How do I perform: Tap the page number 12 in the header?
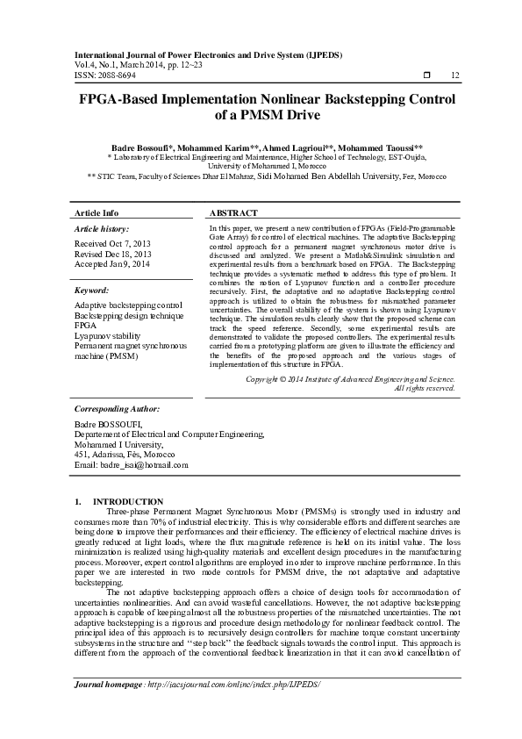click(454, 75)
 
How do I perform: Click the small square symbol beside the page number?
click(426, 75)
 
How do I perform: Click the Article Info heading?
click(97, 213)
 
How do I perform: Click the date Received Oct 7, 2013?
click(112, 243)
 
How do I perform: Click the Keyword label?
click(91, 290)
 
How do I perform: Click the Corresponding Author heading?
click(117, 408)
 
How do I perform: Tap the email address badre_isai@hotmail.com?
click(132, 464)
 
